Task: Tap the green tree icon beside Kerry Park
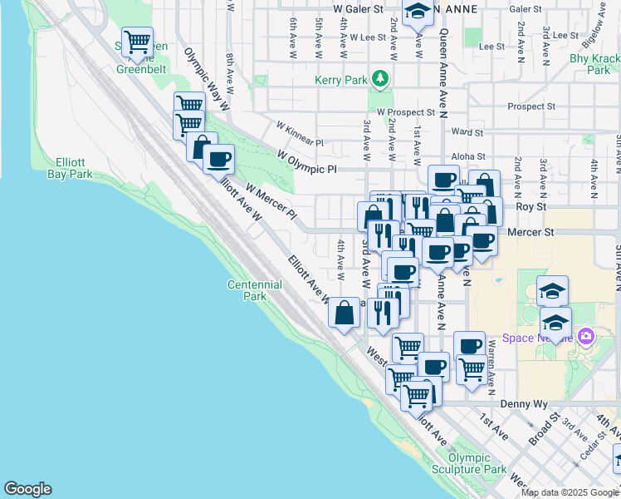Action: pos(380,79)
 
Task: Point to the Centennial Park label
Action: pos(255,290)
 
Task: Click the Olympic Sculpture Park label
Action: pos(477,463)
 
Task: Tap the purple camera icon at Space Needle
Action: pos(586,335)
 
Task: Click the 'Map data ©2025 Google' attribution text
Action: pos(570,492)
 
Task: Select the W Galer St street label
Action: pos(358,8)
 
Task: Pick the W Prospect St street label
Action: pos(405,111)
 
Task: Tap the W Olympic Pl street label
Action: pos(307,162)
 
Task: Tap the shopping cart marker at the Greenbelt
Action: pos(137,42)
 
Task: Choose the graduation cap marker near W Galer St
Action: pos(418,12)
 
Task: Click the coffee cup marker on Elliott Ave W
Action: pos(218,158)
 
